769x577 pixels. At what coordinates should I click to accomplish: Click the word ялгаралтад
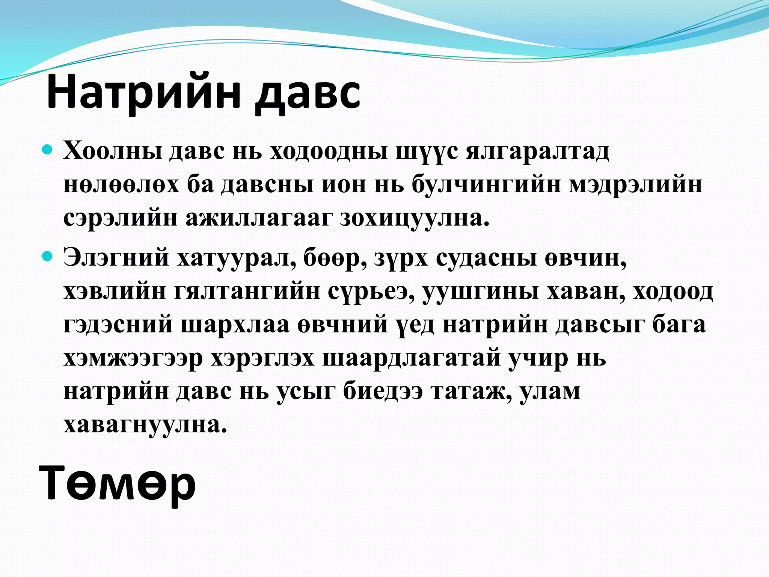coord(537,152)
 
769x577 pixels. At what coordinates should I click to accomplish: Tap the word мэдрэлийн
coord(635,185)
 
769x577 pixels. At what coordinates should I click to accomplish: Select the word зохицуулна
coord(415,219)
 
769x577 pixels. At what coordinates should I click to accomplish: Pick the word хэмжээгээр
coord(133,358)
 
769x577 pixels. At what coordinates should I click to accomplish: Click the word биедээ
coord(383,391)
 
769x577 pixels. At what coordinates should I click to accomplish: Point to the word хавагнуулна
coord(145,425)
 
